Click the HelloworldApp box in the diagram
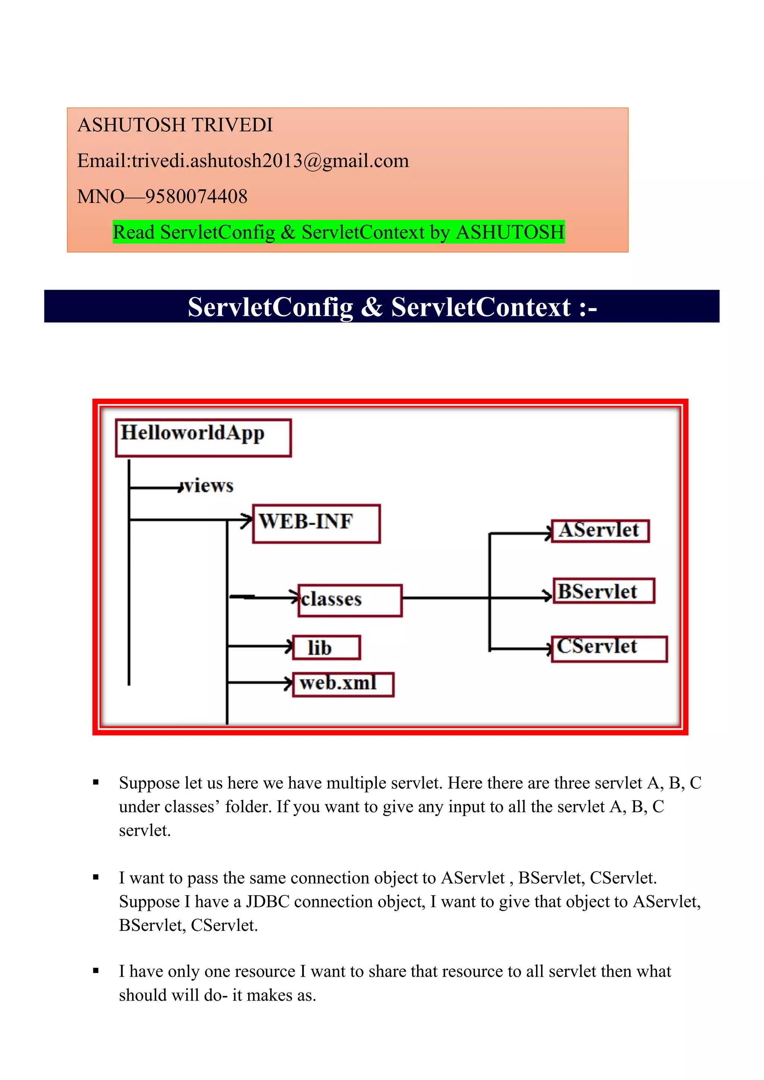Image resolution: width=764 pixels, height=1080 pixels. point(203,437)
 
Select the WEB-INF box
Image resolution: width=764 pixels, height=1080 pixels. point(316,524)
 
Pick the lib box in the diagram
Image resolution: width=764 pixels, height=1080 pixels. point(326,648)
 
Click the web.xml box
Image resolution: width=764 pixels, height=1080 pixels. point(343,684)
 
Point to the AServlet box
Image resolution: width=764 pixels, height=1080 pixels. point(600,531)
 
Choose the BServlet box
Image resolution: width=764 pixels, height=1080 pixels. point(604,591)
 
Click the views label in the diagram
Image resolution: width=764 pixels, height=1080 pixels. point(209,486)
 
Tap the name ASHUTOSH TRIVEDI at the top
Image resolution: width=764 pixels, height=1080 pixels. point(175,125)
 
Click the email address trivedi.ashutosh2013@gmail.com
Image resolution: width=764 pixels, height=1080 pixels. point(270,161)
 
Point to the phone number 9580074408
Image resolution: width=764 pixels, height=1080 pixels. point(196,197)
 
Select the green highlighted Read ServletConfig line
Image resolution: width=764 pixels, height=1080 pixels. point(338,232)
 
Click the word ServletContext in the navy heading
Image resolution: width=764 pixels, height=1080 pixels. point(481,307)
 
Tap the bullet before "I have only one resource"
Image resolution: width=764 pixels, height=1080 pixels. point(96,970)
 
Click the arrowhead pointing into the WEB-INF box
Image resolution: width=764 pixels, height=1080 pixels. point(247,520)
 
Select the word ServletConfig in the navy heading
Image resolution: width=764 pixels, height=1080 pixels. point(270,307)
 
